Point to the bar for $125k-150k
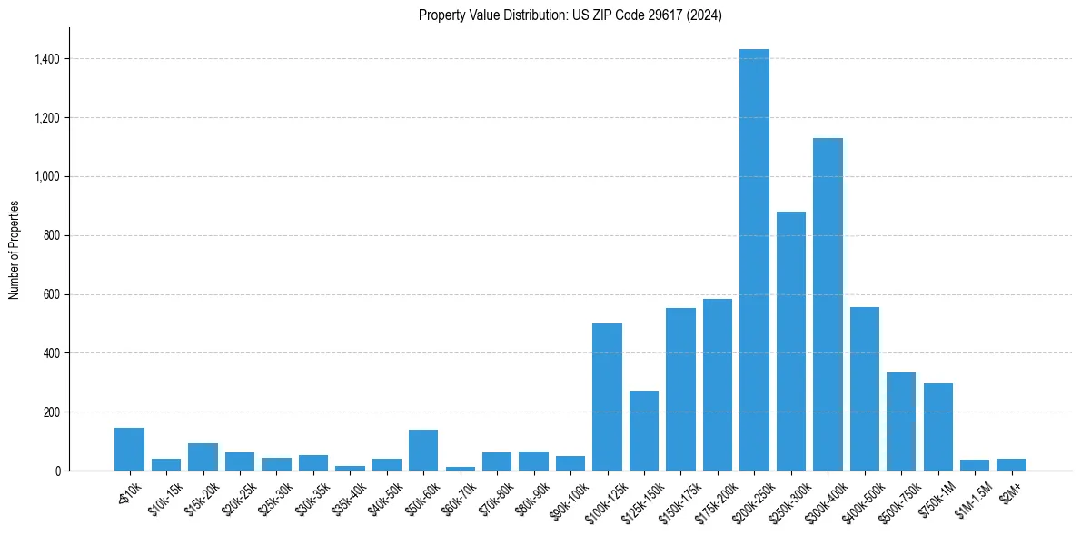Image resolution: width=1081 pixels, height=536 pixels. [644, 431]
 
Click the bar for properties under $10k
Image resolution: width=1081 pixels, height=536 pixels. [129, 449]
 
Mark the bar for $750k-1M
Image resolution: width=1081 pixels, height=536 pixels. [937, 427]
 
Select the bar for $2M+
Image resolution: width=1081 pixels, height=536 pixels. [1011, 464]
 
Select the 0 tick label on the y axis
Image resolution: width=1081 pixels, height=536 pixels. [59, 471]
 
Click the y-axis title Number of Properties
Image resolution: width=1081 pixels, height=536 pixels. [14, 250]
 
